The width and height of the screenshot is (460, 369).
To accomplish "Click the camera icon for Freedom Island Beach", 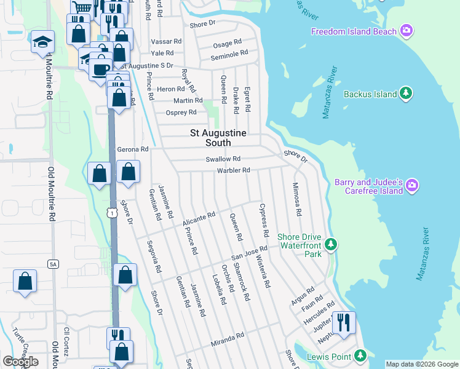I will coord(406,30).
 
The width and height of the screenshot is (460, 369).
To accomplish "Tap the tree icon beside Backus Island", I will coord(405,93).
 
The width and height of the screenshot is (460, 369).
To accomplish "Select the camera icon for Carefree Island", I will coord(412,184).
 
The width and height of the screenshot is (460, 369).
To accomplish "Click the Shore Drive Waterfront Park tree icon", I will coord(331,245).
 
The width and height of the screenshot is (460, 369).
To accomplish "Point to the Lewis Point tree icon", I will coord(360,355).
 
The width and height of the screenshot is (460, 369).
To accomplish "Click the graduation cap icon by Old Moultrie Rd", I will coord(42,41).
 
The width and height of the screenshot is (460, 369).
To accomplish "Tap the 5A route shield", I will coord(53,264).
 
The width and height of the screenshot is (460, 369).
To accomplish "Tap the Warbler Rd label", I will coord(233,170).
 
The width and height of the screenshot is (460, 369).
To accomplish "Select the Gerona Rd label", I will coord(133,149).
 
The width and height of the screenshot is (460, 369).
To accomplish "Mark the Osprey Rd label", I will coord(181,113).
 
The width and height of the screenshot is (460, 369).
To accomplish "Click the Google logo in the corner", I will coord(20,362).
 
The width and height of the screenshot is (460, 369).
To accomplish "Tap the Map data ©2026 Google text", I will coord(422,364).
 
